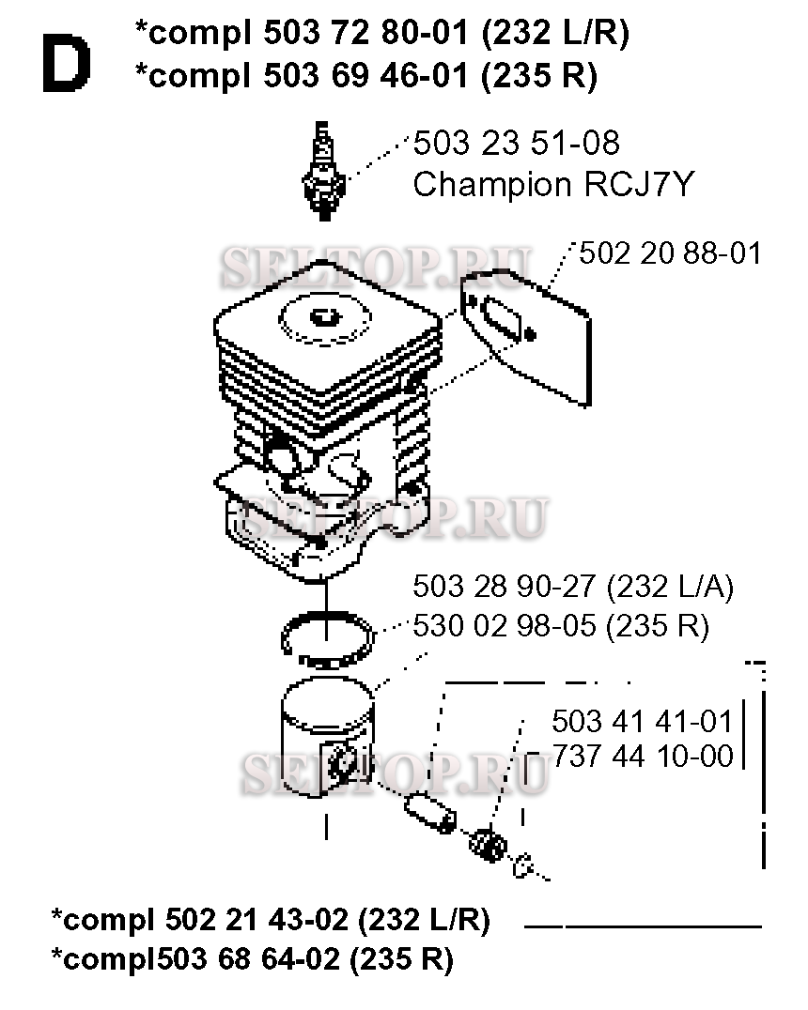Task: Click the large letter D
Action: pos(67,63)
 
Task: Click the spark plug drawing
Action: pos(324,171)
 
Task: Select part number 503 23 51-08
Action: pos(516,143)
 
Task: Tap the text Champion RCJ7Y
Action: pos(553,184)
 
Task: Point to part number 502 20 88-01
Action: pos(670,253)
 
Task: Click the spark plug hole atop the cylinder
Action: pos(324,317)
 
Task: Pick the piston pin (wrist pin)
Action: pos(430,814)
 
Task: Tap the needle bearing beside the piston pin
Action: pos(489,845)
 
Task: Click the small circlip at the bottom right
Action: pos(522,865)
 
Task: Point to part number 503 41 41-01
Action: pos(643,722)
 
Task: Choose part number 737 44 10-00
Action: pos(643,756)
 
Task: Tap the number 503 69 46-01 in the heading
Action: pos(365,75)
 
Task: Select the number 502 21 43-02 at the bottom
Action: pos(256,919)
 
